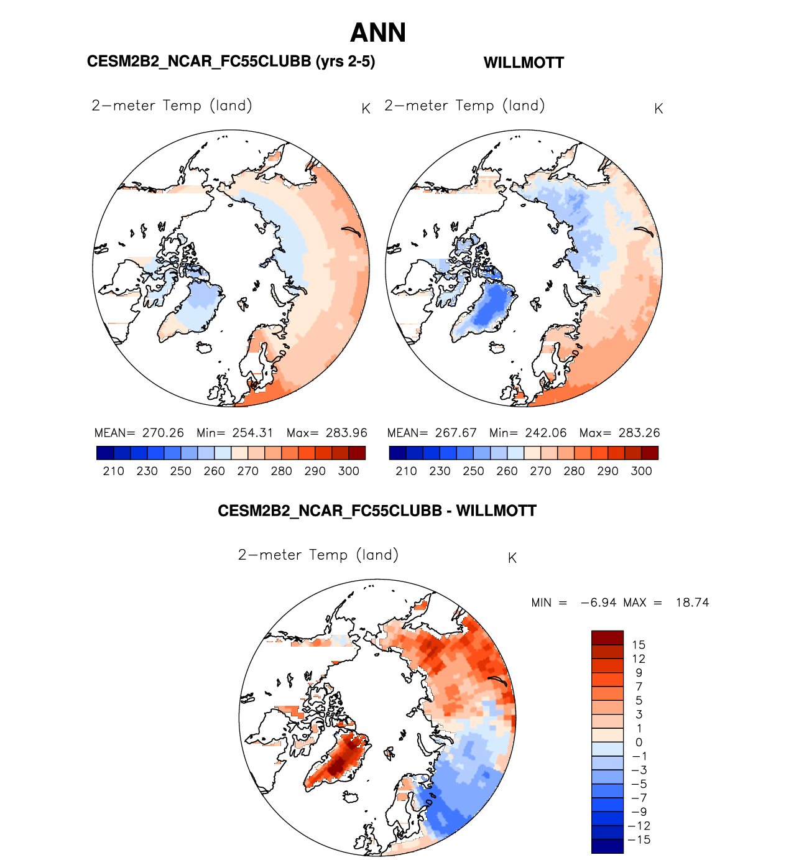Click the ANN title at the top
tap(378, 33)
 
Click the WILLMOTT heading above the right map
tap(524, 63)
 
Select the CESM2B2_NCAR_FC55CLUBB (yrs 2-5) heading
tap(231, 61)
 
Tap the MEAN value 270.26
tap(163, 433)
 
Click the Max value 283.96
tap(346, 433)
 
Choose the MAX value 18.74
tap(692, 603)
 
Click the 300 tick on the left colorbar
tap(349, 471)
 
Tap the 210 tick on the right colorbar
tap(406, 471)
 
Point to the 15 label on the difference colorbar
tap(639, 645)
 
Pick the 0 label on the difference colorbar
tap(639, 742)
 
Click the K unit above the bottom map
tap(512, 558)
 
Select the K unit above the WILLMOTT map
tap(658, 109)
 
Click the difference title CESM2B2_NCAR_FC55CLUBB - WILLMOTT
tap(377, 511)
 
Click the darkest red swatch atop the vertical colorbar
tap(607, 637)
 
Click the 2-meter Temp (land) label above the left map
tap(172, 106)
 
